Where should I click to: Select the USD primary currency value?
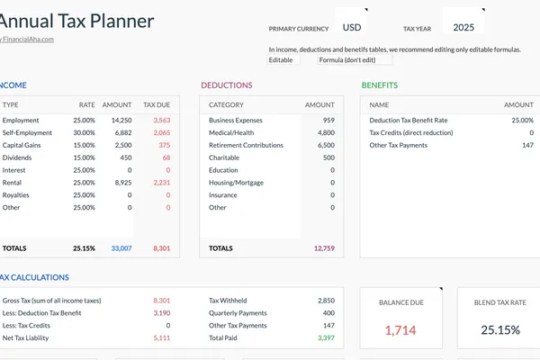352,27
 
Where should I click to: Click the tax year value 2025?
463,27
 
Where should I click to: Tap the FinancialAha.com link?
28,39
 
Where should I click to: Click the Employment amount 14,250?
121,120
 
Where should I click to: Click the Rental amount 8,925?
122,182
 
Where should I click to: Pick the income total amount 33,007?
121,247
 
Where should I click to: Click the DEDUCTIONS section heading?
227,85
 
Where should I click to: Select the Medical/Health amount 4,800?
326,132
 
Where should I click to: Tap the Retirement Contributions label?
246,145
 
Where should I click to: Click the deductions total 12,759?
324,247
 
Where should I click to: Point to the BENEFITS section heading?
380,85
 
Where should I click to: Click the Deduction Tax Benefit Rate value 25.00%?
522,120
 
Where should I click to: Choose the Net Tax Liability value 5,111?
161,337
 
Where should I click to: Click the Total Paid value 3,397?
326,337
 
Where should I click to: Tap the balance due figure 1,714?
400,330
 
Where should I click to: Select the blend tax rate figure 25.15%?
499,330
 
